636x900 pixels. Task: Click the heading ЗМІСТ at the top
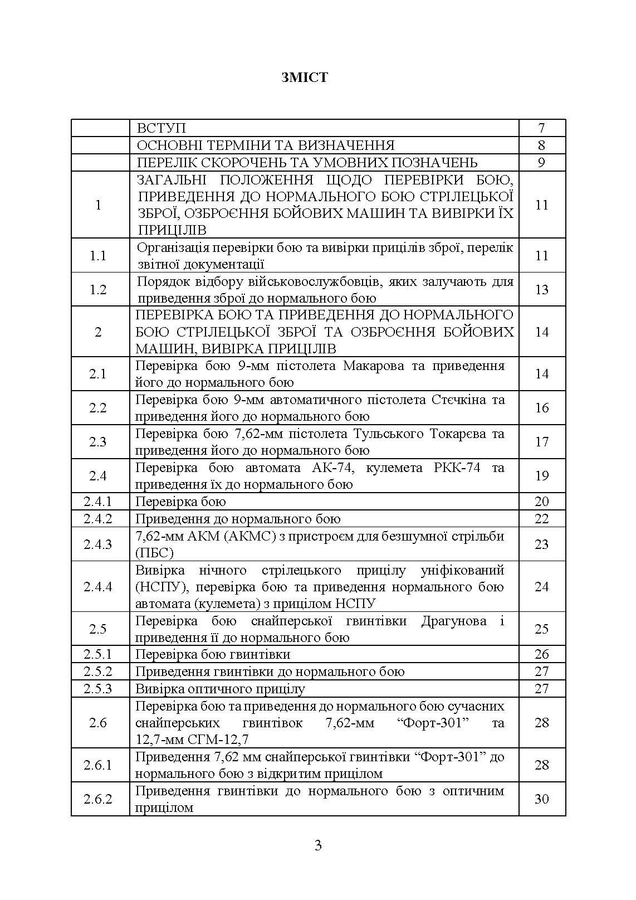point(305,77)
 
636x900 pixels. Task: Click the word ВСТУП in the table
point(162,128)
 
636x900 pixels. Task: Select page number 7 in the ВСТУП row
point(541,128)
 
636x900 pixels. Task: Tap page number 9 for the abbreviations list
point(541,163)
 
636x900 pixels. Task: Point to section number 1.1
point(98,256)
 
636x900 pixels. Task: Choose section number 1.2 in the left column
point(98,290)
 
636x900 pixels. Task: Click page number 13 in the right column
point(541,290)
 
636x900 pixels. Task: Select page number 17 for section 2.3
point(541,442)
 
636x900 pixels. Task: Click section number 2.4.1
point(98,502)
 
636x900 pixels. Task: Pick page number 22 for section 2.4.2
point(541,519)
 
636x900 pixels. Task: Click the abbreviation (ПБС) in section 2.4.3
point(154,553)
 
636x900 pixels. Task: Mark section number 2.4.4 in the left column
point(98,587)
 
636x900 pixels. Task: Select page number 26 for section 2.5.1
point(541,654)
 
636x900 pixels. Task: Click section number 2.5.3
point(98,689)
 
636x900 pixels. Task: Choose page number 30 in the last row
point(541,799)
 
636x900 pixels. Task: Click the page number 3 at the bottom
point(318,845)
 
